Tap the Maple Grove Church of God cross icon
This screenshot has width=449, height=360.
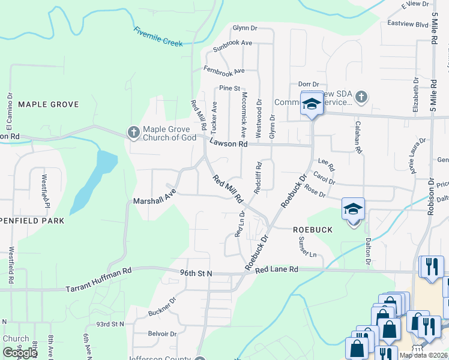point(133,131)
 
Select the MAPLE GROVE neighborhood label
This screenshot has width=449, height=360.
point(49,104)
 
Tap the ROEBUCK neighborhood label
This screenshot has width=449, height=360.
point(312,229)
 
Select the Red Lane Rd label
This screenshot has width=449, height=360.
point(276,270)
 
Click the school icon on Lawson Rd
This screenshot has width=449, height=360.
point(312,104)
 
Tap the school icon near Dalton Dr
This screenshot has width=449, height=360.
point(354,209)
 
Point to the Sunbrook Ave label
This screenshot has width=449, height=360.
point(232,43)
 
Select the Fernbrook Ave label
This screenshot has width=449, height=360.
point(224,70)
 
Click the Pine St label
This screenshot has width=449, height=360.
point(229,88)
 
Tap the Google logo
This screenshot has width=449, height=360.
point(20,352)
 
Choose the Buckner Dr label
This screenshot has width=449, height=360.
point(163,305)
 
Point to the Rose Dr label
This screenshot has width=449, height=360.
point(315,193)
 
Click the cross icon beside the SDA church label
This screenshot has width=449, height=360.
point(361,96)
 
